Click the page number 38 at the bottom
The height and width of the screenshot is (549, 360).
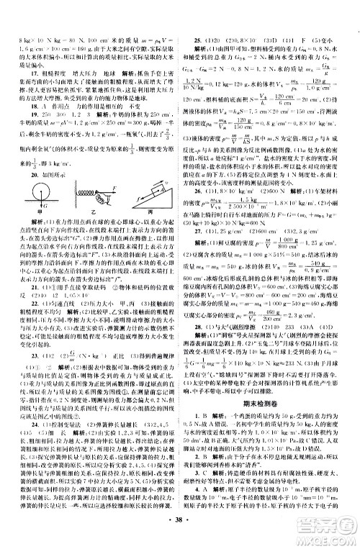point(180,535)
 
